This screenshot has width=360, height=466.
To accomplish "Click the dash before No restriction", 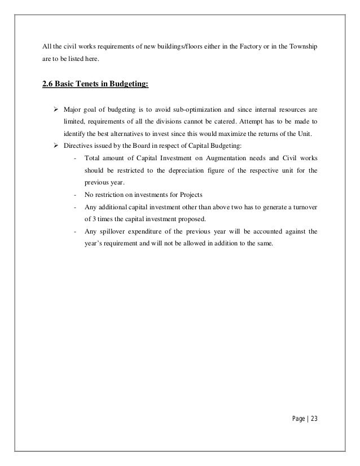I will click(75, 195).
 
